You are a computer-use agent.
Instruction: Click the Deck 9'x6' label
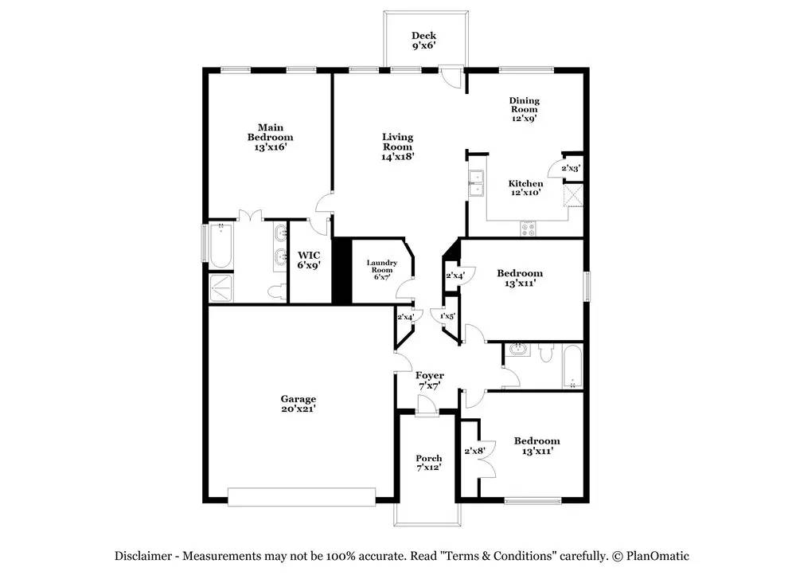coord(424,41)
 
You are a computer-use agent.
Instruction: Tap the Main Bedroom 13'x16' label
coord(270,137)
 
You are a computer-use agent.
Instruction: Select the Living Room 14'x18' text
coord(398,147)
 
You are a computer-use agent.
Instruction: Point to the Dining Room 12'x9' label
coord(525,109)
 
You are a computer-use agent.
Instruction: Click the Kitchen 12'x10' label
coord(525,187)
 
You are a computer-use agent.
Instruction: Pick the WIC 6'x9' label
coord(309,260)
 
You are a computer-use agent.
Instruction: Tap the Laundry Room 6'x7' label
coord(382,270)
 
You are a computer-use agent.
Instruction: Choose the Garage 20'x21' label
coord(298,404)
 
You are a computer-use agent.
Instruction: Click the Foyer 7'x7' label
coord(430,381)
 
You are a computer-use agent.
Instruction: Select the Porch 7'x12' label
coord(429,463)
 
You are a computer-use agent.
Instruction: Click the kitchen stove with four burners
coord(528,229)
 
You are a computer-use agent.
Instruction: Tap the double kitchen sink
coord(476,183)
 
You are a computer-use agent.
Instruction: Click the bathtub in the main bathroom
coord(220,245)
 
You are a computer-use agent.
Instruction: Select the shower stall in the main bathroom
coord(220,288)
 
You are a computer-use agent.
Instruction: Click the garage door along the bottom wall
coord(302,497)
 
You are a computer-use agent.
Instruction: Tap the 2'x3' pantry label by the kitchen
coord(571,168)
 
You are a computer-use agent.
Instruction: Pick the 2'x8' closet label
coord(474,450)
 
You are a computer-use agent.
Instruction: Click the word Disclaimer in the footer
coord(143,556)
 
